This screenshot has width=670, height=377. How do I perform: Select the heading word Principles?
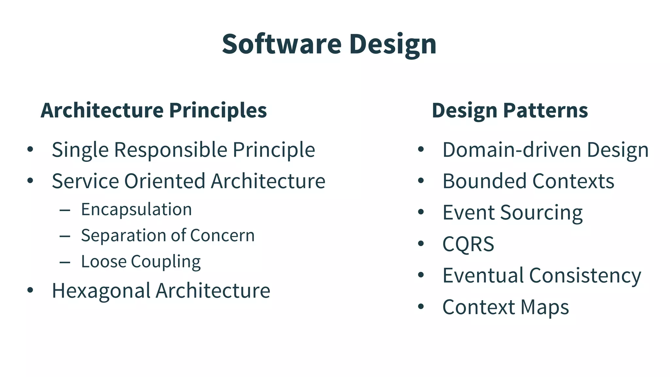218,110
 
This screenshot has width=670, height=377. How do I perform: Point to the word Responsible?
170,150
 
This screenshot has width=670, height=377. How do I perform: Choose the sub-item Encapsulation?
136,209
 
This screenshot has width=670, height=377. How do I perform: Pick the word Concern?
222,235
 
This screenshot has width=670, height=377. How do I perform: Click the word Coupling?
166,262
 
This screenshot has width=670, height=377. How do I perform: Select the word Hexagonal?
101,291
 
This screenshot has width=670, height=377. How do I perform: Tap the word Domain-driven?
512,150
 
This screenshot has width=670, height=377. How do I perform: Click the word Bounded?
485,181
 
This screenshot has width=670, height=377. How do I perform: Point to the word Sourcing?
541,213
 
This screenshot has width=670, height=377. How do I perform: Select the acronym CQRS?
468,244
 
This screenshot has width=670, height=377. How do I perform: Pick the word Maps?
545,307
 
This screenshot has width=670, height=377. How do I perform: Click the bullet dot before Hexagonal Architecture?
30,290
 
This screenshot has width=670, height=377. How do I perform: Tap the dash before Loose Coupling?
65,262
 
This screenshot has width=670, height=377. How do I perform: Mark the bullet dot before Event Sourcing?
421,212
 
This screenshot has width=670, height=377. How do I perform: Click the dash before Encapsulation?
65,210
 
